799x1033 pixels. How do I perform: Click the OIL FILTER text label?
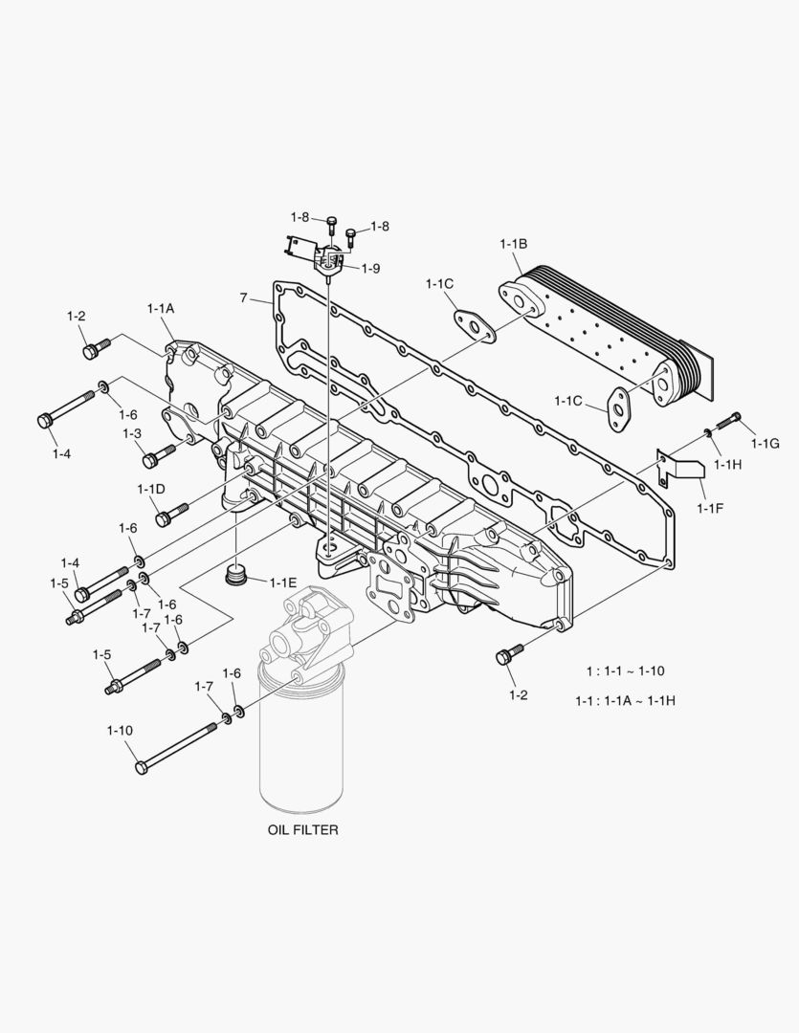click(302, 830)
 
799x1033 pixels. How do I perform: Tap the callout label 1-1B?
click(512, 244)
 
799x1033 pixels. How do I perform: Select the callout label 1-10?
click(120, 731)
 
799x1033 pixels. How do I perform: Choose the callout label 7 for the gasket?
click(244, 299)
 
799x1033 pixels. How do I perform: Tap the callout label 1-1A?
click(161, 308)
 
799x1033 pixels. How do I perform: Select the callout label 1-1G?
click(766, 443)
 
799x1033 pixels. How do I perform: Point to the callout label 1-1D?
click(150, 489)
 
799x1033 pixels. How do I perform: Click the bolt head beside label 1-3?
click(150, 461)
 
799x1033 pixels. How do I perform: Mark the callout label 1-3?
click(132, 433)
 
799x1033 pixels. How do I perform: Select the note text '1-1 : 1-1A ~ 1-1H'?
click(625, 700)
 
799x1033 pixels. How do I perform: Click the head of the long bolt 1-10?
click(142, 766)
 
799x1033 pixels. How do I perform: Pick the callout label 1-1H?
click(728, 464)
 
